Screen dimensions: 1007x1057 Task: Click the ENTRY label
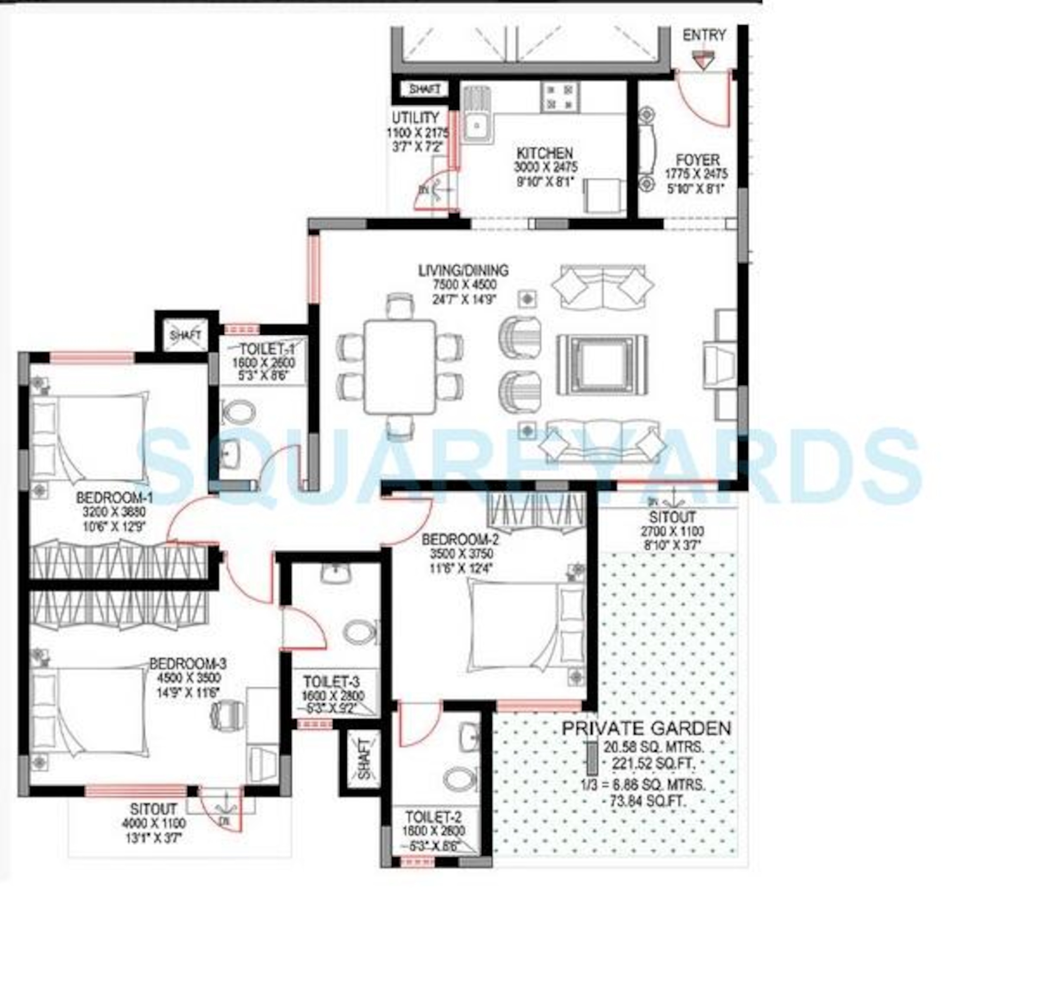coord(703,36)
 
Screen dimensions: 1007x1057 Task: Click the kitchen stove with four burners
coord(560,97)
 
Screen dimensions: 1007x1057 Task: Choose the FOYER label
coord(697,160)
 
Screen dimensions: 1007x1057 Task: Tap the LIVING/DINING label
coord(463,271)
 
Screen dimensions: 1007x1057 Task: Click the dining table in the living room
coord(400,367)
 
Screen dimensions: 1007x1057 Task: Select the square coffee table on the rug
coord(602,365)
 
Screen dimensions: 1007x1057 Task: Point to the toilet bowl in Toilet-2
coord(460,779)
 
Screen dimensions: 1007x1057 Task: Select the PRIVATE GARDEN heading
coord(646,728)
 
